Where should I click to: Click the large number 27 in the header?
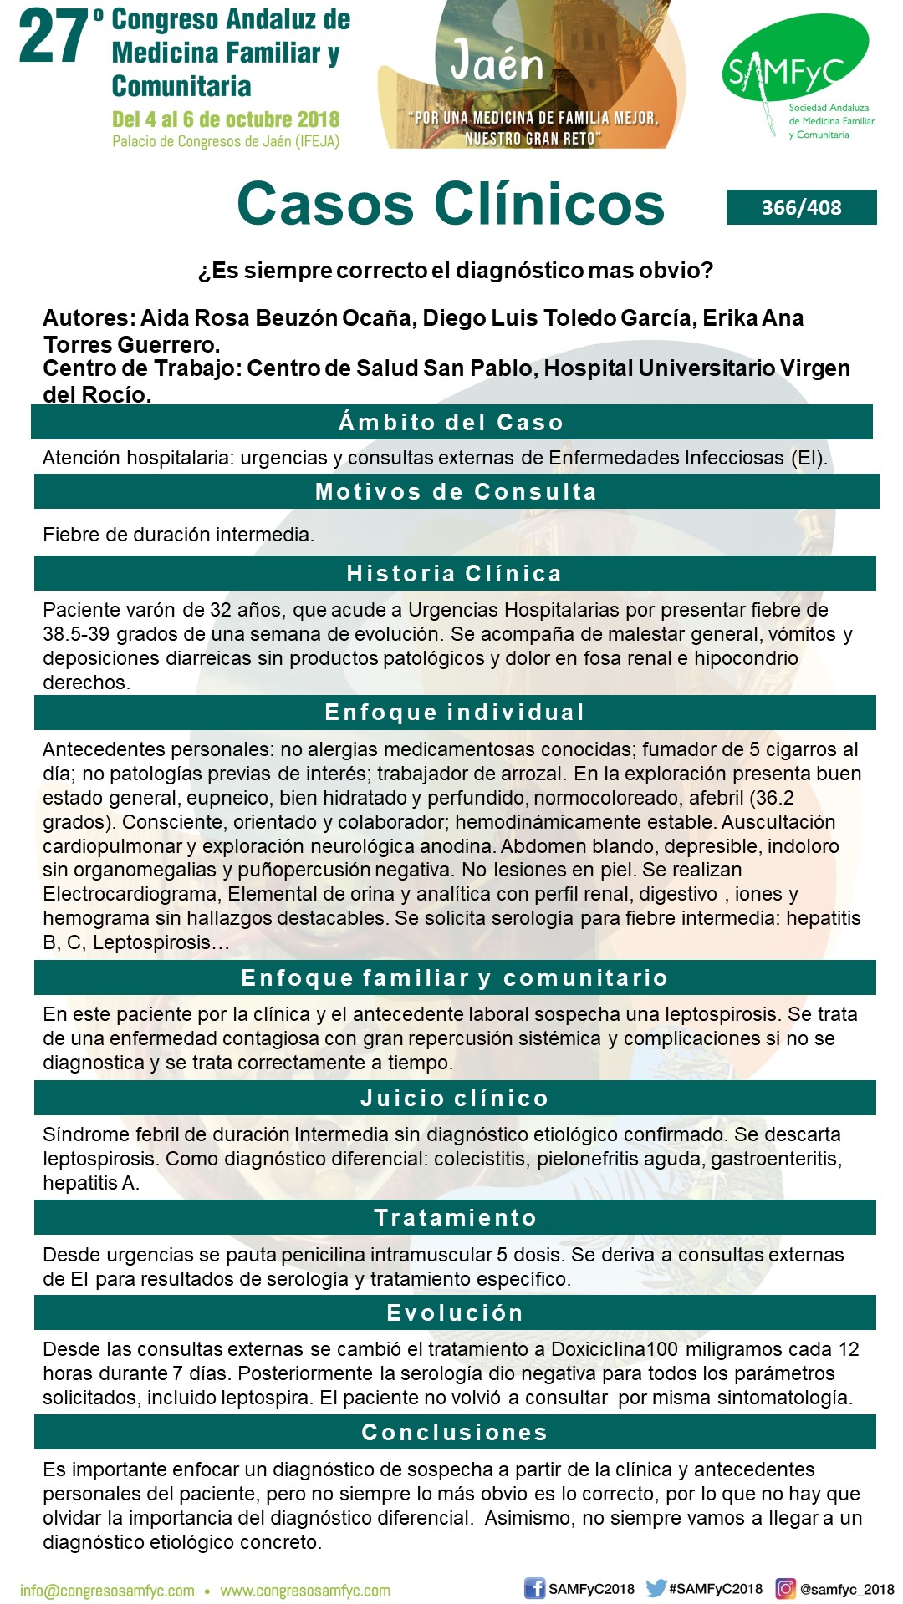click(x=54, y=38)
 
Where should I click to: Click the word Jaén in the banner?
click(x=497, y=63)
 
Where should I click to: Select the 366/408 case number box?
click(x=801, y=207)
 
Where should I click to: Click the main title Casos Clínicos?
click(x=451, y=204)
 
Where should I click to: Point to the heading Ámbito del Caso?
click(x=451, y=422)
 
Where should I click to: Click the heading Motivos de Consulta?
click(x=456, y=491)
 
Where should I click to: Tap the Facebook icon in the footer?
click(x=534, y=1588)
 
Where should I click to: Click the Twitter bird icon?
click(x=656, y=1588)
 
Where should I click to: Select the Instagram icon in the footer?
click(x=786, y=1588)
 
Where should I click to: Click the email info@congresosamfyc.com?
click(x=107, y=1591)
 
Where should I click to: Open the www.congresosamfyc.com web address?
click(x=305, y=1591)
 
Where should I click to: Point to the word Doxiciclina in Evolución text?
click(x=599, y=1349)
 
